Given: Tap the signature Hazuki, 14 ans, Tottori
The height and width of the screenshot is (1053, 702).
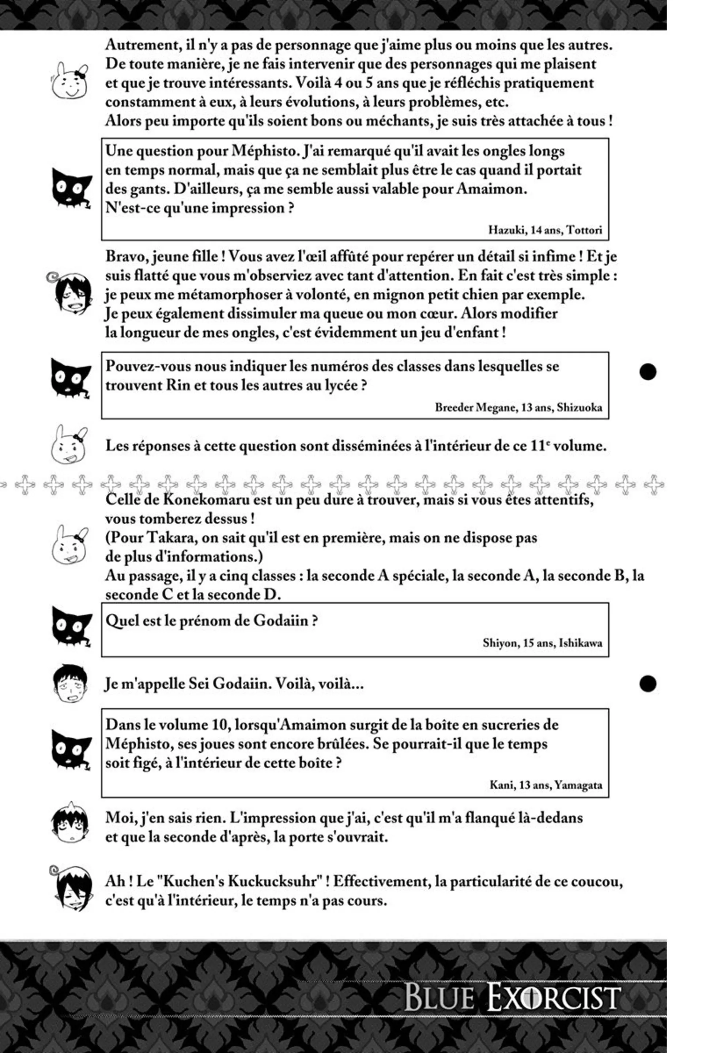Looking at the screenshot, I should click(544, 230).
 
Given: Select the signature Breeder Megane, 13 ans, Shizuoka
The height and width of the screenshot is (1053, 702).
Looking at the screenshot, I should click(518, 407).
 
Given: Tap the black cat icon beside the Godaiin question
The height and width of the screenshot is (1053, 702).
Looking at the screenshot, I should click(71, 626).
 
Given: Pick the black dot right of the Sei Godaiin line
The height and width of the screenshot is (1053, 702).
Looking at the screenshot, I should click(648, 684).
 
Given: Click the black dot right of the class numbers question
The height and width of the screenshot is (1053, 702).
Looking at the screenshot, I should click(648, 371).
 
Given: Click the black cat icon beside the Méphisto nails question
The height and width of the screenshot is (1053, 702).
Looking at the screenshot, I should click(71, 188).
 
